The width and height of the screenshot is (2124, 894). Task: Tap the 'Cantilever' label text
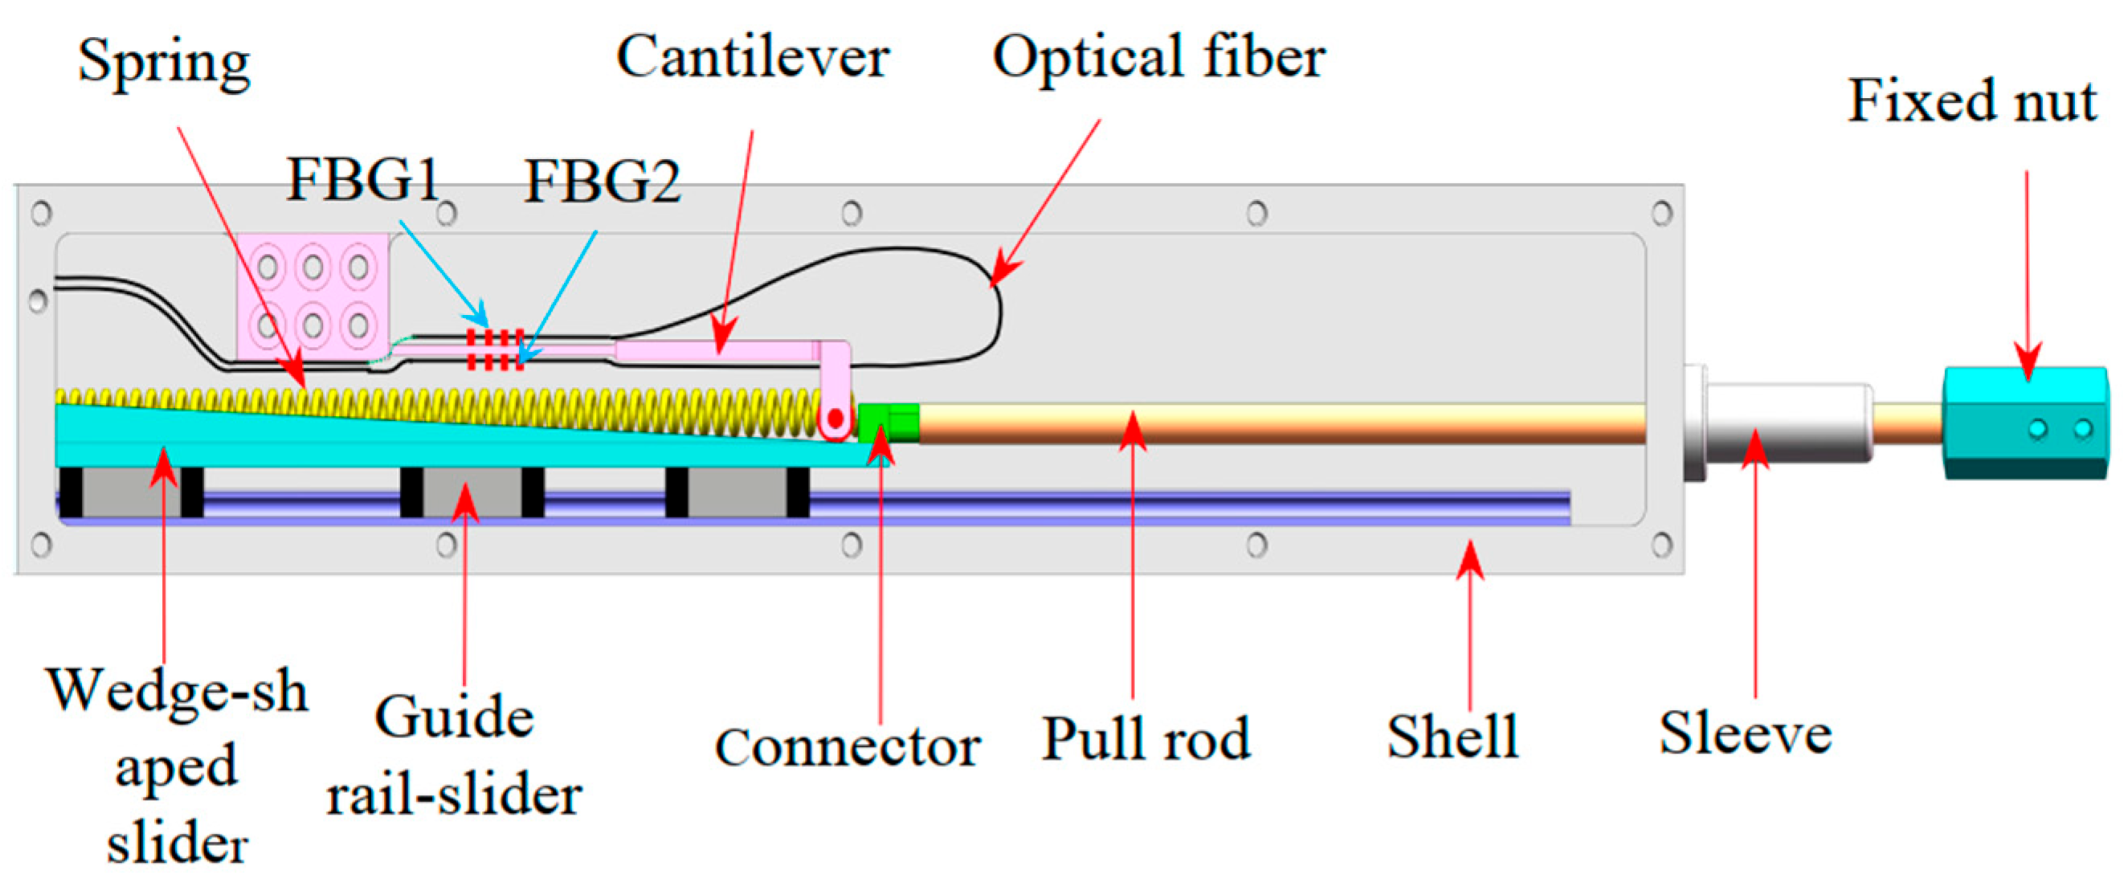(x=752, y=58)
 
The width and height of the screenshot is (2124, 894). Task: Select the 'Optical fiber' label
(x=1158, y=58)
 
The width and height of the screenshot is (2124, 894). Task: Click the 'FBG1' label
(x=363, y=180)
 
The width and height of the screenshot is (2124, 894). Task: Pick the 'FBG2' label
(x=602, y=182)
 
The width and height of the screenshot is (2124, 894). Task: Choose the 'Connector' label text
(x=847, y=747)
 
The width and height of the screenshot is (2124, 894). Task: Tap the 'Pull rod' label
(x=1146, y=738)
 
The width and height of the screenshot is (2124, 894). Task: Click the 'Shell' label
(x=1452, y=737)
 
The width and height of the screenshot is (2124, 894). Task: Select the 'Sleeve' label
(x=1745, y=733)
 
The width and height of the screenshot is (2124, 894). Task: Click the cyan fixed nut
(x=2024, y=423)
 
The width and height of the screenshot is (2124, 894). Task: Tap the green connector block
(x=888, y=423)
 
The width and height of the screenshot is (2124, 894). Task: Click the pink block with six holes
(x=312, y=296)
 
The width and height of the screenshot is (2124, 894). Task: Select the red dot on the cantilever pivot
(x=835, y=419)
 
